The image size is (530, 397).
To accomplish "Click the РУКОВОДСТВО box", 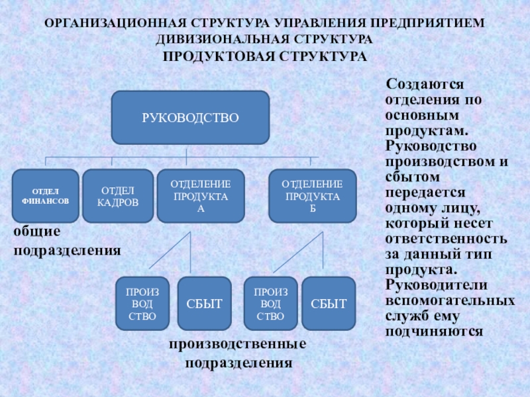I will click(x=190, y=118).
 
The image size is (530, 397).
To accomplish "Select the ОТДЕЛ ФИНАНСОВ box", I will click(x=45, y=195).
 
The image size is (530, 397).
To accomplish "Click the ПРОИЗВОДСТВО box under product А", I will click(x=143, y=304).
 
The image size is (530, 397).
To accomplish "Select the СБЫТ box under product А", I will click(x=204, y=304).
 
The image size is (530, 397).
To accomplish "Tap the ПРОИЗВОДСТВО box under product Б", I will click(x=270, y=304).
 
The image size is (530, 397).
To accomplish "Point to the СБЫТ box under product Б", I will click(x=329, y=304).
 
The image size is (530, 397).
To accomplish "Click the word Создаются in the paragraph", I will click(x=425, y=86).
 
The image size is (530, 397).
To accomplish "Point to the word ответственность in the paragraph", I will click(x=447, y=239).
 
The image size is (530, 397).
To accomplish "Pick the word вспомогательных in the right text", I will click(x=450, y=300).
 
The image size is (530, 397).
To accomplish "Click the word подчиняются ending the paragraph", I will click(x=434, y=330).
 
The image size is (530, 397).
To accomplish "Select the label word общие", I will click(x=37, y=232).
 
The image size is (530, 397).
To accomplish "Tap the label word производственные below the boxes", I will click(x=237, y=345).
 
